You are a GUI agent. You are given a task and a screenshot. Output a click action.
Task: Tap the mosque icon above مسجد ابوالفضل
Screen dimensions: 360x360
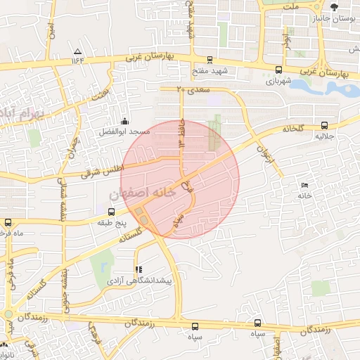(124, 122)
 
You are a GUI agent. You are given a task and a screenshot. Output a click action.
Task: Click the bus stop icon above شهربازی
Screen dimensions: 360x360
(278, 70)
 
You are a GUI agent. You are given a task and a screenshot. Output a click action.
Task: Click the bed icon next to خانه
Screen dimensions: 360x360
(304, 186)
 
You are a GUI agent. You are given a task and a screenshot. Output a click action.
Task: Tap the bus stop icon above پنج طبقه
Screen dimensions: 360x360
(111, 211)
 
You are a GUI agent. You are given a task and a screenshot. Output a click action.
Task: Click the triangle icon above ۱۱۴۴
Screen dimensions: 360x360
(77, 51)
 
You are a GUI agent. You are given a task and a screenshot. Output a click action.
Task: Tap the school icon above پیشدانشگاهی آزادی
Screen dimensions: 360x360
(138, 269)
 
